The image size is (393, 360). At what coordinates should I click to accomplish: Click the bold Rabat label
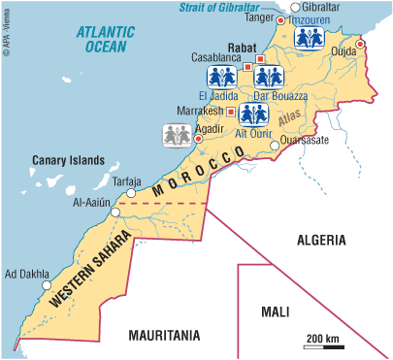(x=241, y=45)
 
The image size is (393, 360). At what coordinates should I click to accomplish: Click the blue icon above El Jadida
(x=221, y=78)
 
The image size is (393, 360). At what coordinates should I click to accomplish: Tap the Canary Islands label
(x=67, y=161)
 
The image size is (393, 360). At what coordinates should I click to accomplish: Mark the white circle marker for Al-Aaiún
(x=116, y=211)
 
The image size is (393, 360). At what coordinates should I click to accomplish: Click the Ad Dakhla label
(x=26, y=273)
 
